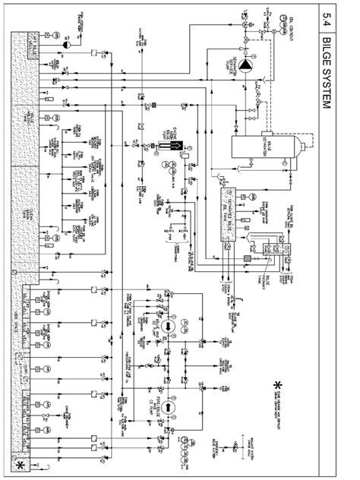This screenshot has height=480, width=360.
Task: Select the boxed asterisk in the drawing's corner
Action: (19, 463)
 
